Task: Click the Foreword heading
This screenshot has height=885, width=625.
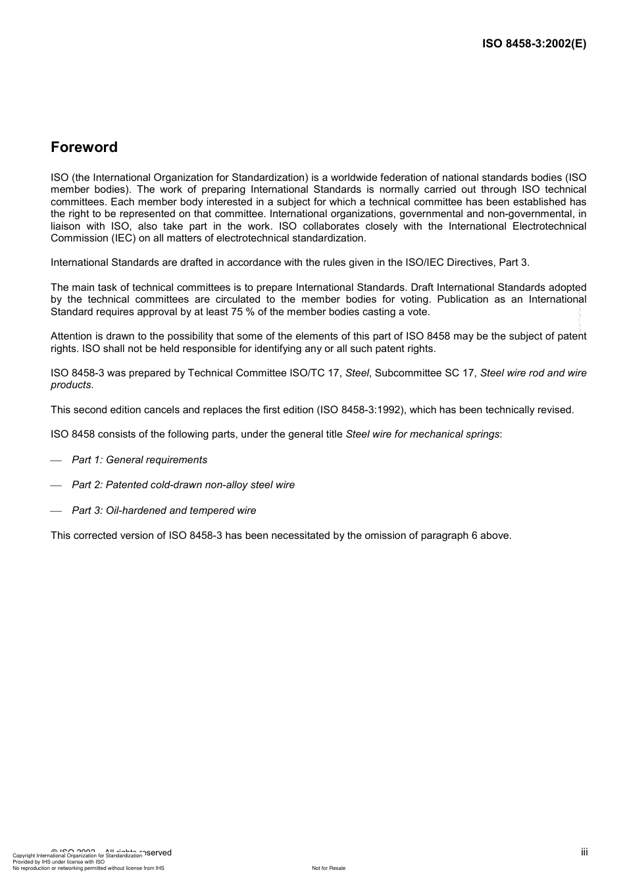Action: point(84,147)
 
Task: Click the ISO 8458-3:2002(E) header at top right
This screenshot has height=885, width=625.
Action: point(534,44)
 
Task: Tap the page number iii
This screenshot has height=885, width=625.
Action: point(584,852)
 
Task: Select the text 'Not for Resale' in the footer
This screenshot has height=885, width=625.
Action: point(328,869)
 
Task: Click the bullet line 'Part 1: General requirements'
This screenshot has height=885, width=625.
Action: point(139,460)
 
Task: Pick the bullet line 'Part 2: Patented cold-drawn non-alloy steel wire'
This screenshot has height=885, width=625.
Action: point(183,485)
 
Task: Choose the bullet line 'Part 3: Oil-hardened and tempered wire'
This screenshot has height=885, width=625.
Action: point(164,511)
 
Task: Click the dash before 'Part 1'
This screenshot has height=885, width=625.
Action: point(56,461)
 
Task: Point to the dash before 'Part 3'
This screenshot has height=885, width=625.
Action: point(56,511)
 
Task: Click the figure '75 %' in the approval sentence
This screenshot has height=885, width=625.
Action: point(243,312)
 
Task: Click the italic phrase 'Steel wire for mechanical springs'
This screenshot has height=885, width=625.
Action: point(422,434)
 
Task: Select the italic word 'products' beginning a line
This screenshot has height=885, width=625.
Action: point(71,385)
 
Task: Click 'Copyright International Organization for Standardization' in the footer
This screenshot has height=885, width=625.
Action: point(77,856)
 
